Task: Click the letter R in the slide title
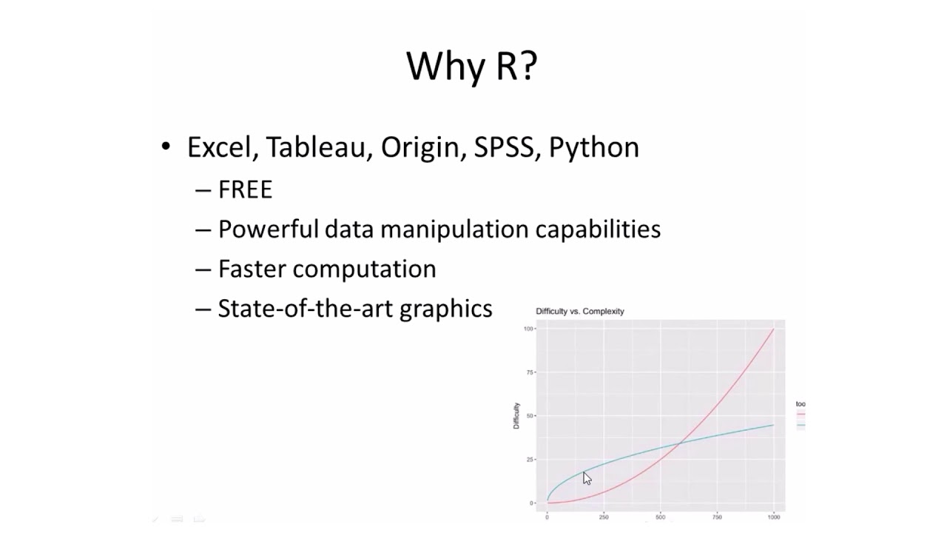point(506,66)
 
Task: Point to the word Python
point(594,147)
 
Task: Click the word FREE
point(246,190)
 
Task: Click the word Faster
point(252,269)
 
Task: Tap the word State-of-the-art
point(306,309)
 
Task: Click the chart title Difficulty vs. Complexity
point(580,312)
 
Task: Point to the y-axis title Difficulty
point(516,415)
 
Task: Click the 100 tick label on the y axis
point(528,328)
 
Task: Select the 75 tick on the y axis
point(530,372)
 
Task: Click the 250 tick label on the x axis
point(604,517)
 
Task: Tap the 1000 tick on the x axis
point(774,517)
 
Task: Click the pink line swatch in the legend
point(801,414)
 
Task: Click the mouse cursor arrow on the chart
point(586,477)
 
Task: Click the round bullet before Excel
point(166,146)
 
